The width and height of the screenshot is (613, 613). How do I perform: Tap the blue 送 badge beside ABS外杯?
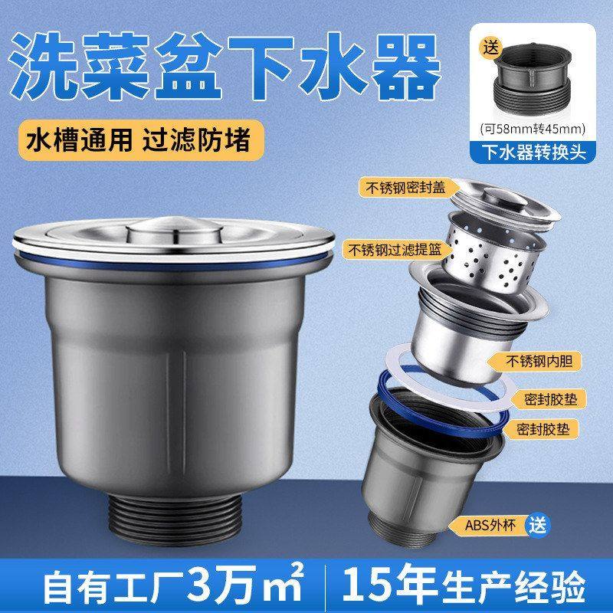540,525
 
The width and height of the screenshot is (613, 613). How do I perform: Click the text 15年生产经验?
467,585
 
